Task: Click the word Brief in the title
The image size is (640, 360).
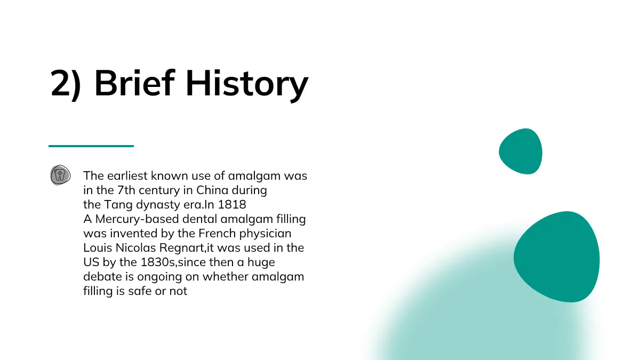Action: [x=134, y=83]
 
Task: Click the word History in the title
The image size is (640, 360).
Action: [x=247, y=85]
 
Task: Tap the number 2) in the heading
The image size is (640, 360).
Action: [x=66, y=85]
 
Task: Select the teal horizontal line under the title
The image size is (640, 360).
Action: [x=91, y=146]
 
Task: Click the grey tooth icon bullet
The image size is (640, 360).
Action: [x=60, y=175]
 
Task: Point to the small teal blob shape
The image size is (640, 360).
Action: [x=521, y=151]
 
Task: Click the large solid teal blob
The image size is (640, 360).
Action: [x=557, y=257]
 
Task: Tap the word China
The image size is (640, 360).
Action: [x=212, y=190]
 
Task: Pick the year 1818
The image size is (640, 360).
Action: [x=231, y=205]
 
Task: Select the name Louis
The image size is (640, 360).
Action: [x=98, y=247]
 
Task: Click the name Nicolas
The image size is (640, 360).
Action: [x=135, y=247]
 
